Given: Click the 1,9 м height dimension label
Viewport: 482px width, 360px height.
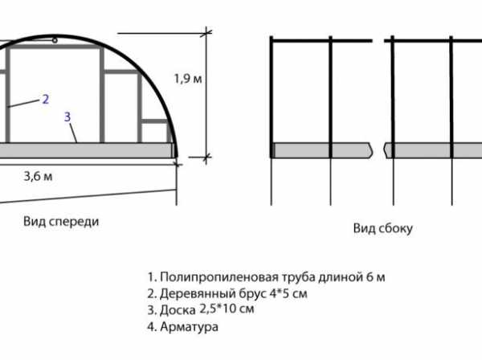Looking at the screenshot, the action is pyautogui.click(x=188, y=79).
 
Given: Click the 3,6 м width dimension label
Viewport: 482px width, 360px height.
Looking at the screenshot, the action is pyautogui.click(x=38, y=176).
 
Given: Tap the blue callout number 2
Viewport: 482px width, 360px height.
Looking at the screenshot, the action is pyautogui.click(x=46, y=100).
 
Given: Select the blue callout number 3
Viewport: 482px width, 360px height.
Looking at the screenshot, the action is pyautogui.click(x=67, y=117).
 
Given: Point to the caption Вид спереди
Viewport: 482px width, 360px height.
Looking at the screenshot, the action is pyautogui.click(x=61, y=221).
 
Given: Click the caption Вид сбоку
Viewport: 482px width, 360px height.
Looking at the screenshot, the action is pyautogui.click(x=382, y=228).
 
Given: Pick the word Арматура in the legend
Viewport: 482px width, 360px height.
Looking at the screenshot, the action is pyautogui.click(x=189, y=326).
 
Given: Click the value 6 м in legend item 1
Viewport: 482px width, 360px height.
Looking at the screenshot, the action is pyautogui.click(x=376, y=277).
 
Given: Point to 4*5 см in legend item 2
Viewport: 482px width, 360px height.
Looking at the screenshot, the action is pyautogui.click(x=288, y=293).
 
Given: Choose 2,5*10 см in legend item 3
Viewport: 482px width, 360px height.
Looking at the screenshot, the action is pyautogui.click(x=227, y=309).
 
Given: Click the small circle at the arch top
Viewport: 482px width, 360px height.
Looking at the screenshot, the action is pyautogui.click(x=55, y=40).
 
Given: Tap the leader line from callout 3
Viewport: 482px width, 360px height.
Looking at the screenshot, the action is pyautogui.click(x=73, y=133).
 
